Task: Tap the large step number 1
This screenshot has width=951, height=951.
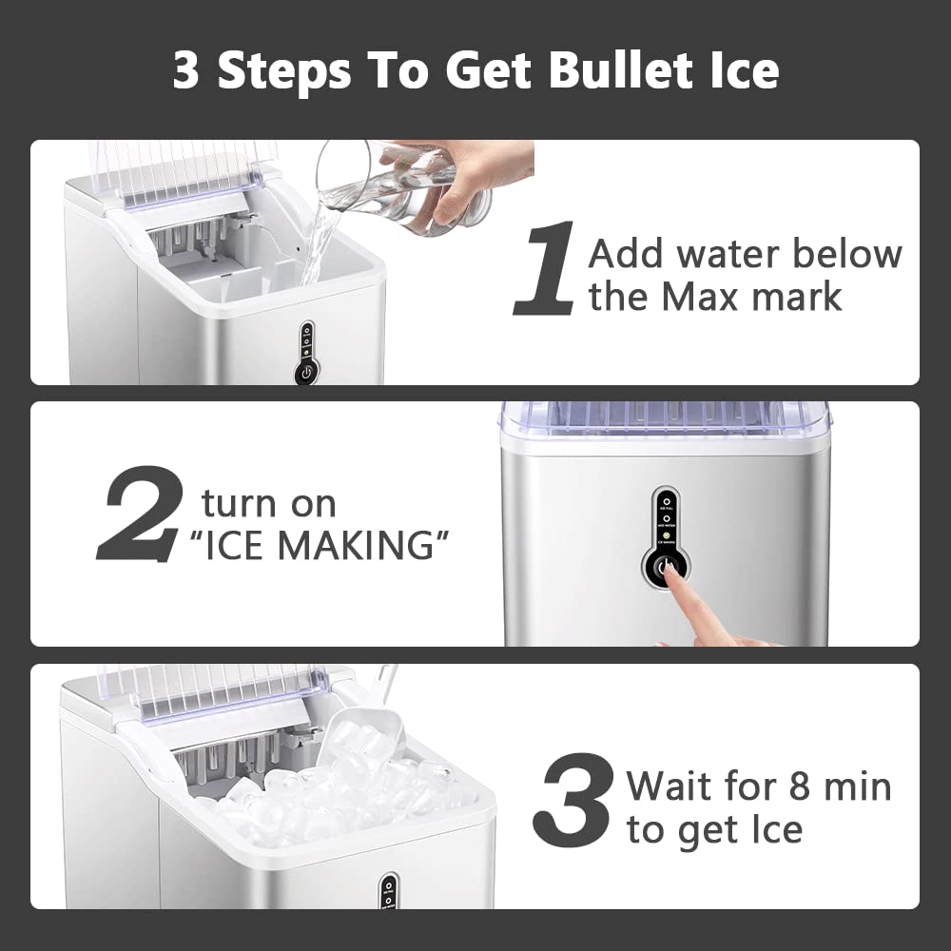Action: coord(544,268)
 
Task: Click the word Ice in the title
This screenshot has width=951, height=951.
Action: coord(734,70)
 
